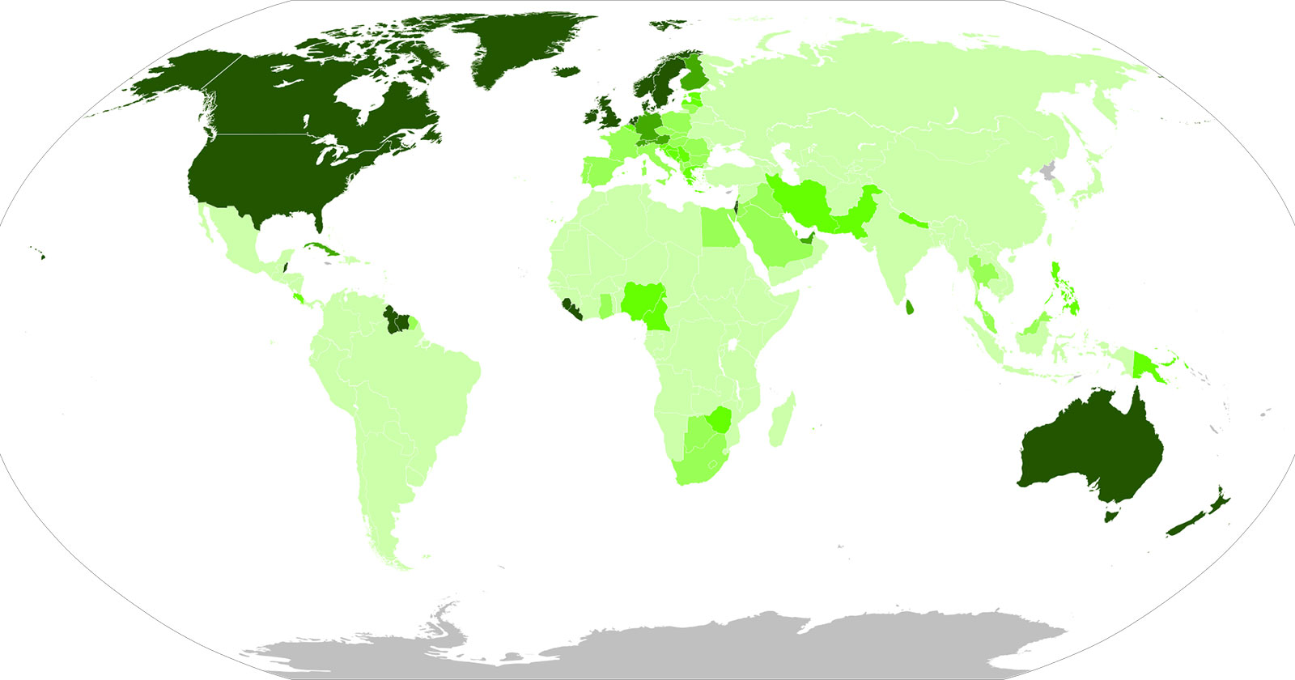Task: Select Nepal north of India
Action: click(x=914, y=219)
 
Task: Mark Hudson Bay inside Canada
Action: click(x=360, y=97)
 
